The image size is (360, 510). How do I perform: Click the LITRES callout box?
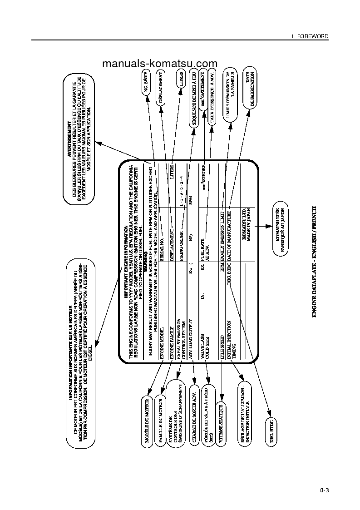tap(181, 79)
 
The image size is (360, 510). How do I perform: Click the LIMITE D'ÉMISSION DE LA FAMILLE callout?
tap(231, 94)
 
